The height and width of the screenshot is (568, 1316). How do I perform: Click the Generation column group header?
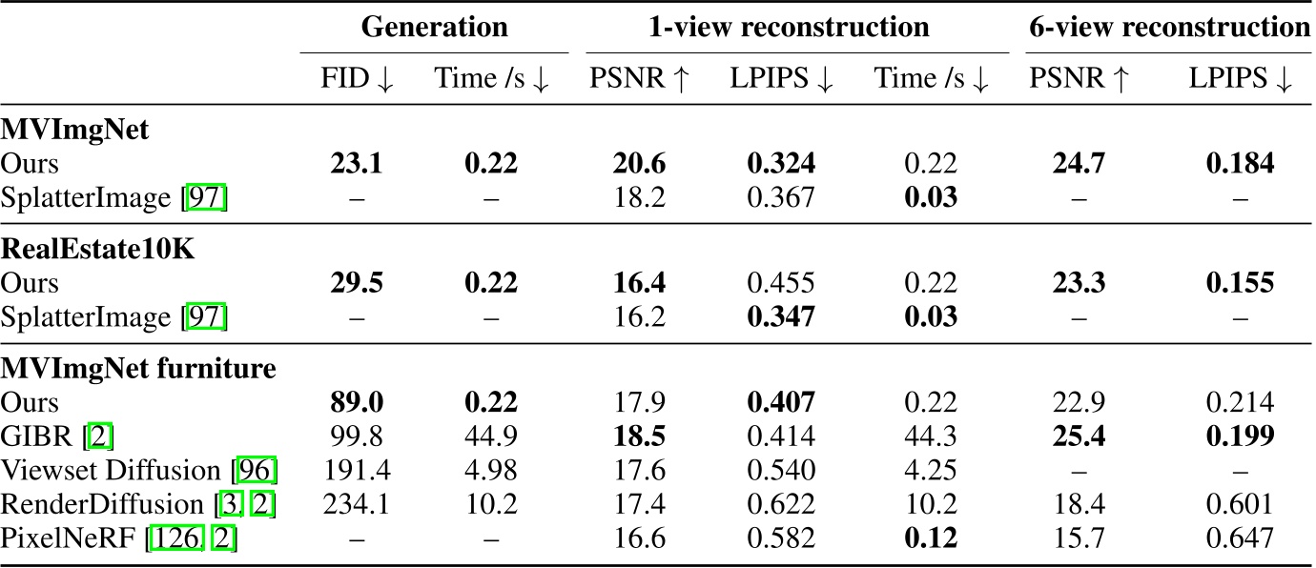point(434,27)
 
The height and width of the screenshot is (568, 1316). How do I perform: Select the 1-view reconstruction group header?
point(789,27)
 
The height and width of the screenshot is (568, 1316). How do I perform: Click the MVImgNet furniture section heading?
point(138,367)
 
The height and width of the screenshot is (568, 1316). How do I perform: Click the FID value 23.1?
point(357,165)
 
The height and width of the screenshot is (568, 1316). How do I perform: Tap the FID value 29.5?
point(357,284)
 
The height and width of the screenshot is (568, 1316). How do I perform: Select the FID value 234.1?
point(357,504)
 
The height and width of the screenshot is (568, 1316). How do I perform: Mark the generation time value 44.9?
point(491,436)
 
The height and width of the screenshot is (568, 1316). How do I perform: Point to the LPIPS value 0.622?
point(781,504)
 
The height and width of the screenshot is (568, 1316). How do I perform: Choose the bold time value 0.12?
point(931,538)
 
